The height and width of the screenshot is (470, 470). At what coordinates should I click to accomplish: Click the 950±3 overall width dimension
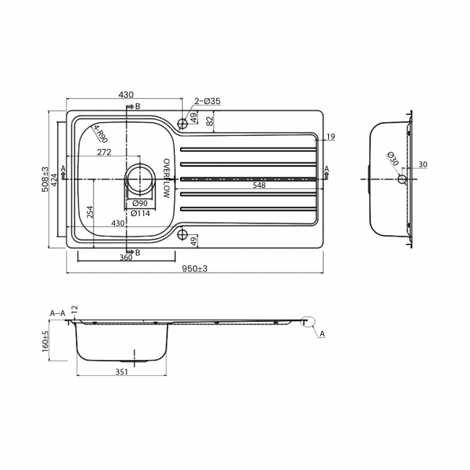pos(195,268)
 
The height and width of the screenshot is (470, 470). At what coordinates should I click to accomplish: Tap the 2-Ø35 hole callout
pos(206,102)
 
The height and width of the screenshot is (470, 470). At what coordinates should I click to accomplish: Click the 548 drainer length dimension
pos(259,185)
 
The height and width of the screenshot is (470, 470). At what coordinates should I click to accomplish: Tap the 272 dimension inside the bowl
pos(103,152)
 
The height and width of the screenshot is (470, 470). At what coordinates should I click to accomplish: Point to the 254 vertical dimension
pos(90,212)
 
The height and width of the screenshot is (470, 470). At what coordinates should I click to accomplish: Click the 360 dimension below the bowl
pos(126,257)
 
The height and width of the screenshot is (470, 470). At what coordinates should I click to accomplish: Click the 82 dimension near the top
pos(210,122)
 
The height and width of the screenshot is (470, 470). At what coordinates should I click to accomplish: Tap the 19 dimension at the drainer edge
pos(330,137)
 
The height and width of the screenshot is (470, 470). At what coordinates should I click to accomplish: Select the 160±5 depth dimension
pos(46,341)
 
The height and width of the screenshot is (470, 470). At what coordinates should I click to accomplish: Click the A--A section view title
pos(58,312)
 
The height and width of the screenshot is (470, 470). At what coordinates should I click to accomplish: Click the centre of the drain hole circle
pos(140,178)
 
